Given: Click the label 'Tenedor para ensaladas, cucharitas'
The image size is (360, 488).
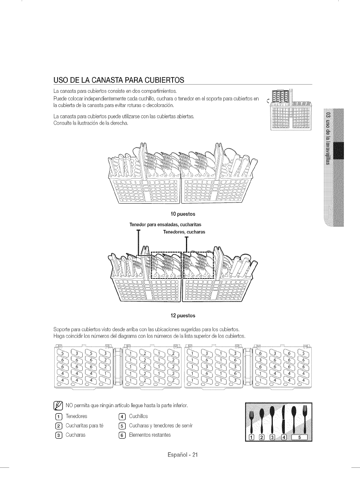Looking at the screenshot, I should pyautogui.click(x=165, y=225).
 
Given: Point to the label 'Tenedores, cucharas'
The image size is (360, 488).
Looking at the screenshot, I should pyautogui.click(x=184, y=232).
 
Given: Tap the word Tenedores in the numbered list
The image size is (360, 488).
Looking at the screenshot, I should pyautogui.click(x=76, y=416).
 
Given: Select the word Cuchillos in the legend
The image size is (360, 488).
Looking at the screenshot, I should pyautogui.click(x=138, y=416).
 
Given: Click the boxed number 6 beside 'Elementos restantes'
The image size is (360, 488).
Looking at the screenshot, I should pyautogui.click(x=121, y=435).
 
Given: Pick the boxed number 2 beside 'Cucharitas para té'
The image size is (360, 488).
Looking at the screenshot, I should pyautogui.click(x=58, y=426).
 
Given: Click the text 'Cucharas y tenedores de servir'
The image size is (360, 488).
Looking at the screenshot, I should pyautogui.click(x=161, y=426).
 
